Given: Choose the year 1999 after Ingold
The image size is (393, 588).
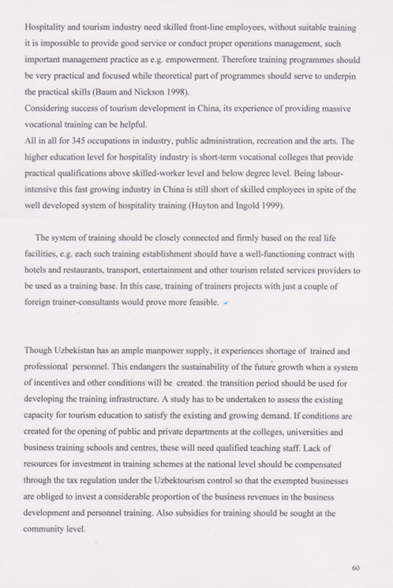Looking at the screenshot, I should click(x=272, y=206).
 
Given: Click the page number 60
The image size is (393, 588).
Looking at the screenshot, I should click(x=355, y=568).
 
